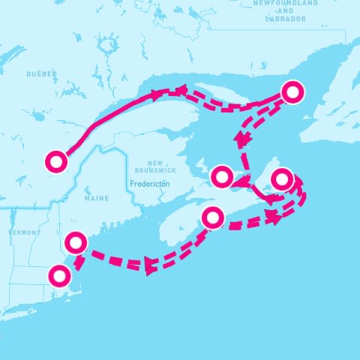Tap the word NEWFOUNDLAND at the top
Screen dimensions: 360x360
pos(285,3)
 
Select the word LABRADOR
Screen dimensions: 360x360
pos(286,19)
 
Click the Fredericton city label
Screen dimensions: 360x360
pos(150,183)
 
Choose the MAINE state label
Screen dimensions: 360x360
pos(96,198)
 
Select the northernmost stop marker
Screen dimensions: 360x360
pos(293,91)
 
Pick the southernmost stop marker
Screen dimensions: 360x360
pos(58,275)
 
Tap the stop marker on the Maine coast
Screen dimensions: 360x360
pos(76,242)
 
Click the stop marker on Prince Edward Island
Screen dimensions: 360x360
pos(222,177)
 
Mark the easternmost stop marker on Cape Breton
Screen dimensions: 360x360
pos(280,179)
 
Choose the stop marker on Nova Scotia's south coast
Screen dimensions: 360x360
pos(213,218)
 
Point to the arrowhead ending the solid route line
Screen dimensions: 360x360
pos(157,94)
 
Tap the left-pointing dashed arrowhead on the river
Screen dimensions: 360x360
pos(181,91)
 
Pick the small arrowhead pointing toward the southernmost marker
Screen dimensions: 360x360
pos(77,262)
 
